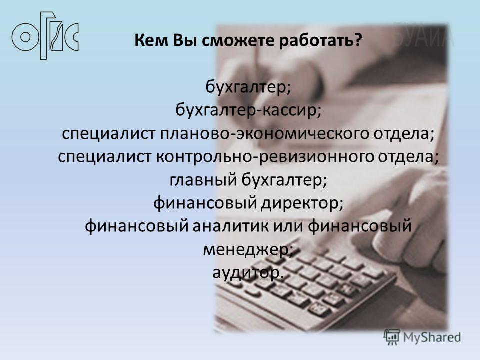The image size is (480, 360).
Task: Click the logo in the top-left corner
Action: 45,36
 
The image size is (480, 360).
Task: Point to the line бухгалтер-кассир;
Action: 248,110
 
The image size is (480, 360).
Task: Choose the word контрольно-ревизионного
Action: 265,156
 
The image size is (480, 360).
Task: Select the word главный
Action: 203,179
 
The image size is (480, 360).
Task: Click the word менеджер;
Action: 248,250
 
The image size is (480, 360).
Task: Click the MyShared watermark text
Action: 432,337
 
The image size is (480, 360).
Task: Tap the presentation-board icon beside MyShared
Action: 392,337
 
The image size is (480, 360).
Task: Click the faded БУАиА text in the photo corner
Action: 423,36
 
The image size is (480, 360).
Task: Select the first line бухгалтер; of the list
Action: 248,87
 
